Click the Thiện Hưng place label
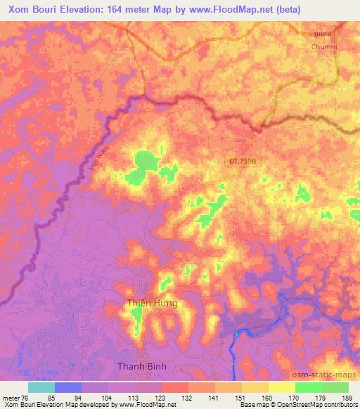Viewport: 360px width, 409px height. pyautogui.click(x=152, y=304)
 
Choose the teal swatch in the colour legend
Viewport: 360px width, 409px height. pyautogui.click(x=41, y=387)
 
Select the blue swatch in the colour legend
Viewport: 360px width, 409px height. pyautogui.click(x=68, y=387)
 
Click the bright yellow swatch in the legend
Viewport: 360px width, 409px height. pyautogui.click(x=281, y=387)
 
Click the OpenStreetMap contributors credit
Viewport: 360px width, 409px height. pyautogui.click(x=321, y=405)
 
